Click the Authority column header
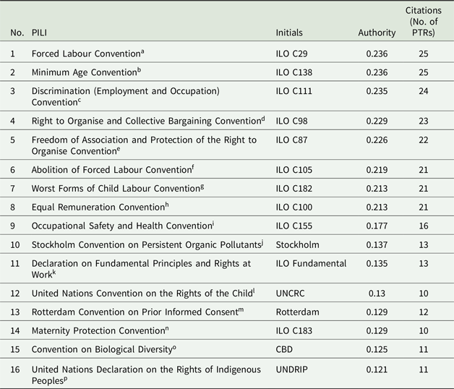click(377, 33)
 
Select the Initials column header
click(289, 33)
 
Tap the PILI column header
click(39, 33)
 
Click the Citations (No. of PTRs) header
click(423, 22)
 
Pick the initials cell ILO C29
click(291, 54)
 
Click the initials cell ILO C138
click(294, 72)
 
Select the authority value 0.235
click(377, 91)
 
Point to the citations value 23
click(424, 121)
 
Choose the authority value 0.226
click(377, 140)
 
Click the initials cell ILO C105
click(294, 170)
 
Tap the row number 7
click(12, 189)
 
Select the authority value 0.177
click(377, 226)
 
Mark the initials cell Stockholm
click(297, 245)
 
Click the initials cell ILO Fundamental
click(311, 263)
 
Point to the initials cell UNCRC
click(290, 293)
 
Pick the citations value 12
click(424, 312)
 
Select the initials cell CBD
click(284, 349)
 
